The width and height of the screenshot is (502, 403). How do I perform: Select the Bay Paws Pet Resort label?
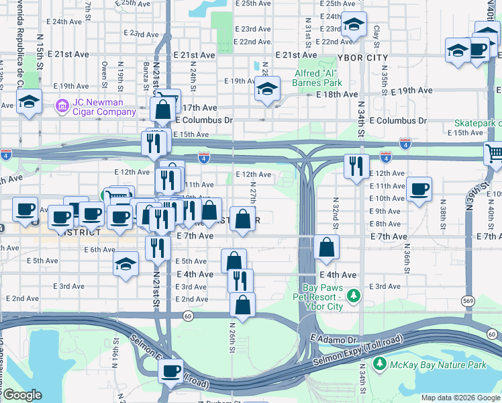317,296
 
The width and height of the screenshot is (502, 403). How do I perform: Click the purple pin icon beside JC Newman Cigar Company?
62,105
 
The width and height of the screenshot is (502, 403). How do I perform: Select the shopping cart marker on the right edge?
494,154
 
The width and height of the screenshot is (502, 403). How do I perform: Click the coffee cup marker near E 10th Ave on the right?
419,189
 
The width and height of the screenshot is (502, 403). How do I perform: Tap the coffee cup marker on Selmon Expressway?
171,370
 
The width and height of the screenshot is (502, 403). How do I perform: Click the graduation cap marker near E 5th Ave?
125,264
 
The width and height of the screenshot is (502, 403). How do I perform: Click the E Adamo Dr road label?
336,341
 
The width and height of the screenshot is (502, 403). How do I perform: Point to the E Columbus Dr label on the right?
397,121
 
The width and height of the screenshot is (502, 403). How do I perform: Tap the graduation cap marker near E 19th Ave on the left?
29,101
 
